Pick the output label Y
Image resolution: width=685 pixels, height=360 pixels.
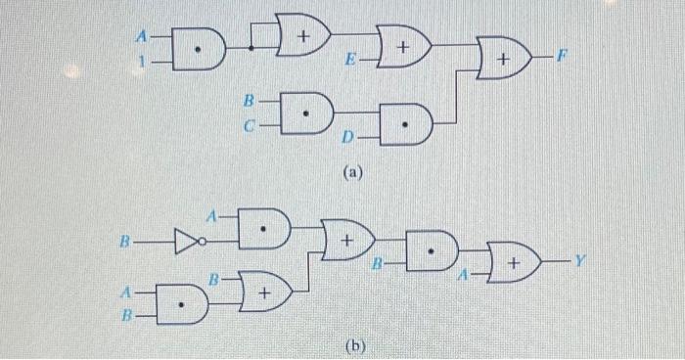pyautogui.click(x=578, y=260)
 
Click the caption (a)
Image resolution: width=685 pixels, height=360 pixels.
pyautogui.click(x=353, y=173)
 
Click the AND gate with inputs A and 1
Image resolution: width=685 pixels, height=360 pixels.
pyautogui.click(x=201, y=49)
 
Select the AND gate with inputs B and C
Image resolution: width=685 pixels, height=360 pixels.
pyautogui.click(x=308, y=112)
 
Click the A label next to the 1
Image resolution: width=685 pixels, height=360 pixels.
pyautogui.click(x=141, y=37)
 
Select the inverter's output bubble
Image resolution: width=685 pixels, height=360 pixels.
pyautogui.click(x=200, y=239)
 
